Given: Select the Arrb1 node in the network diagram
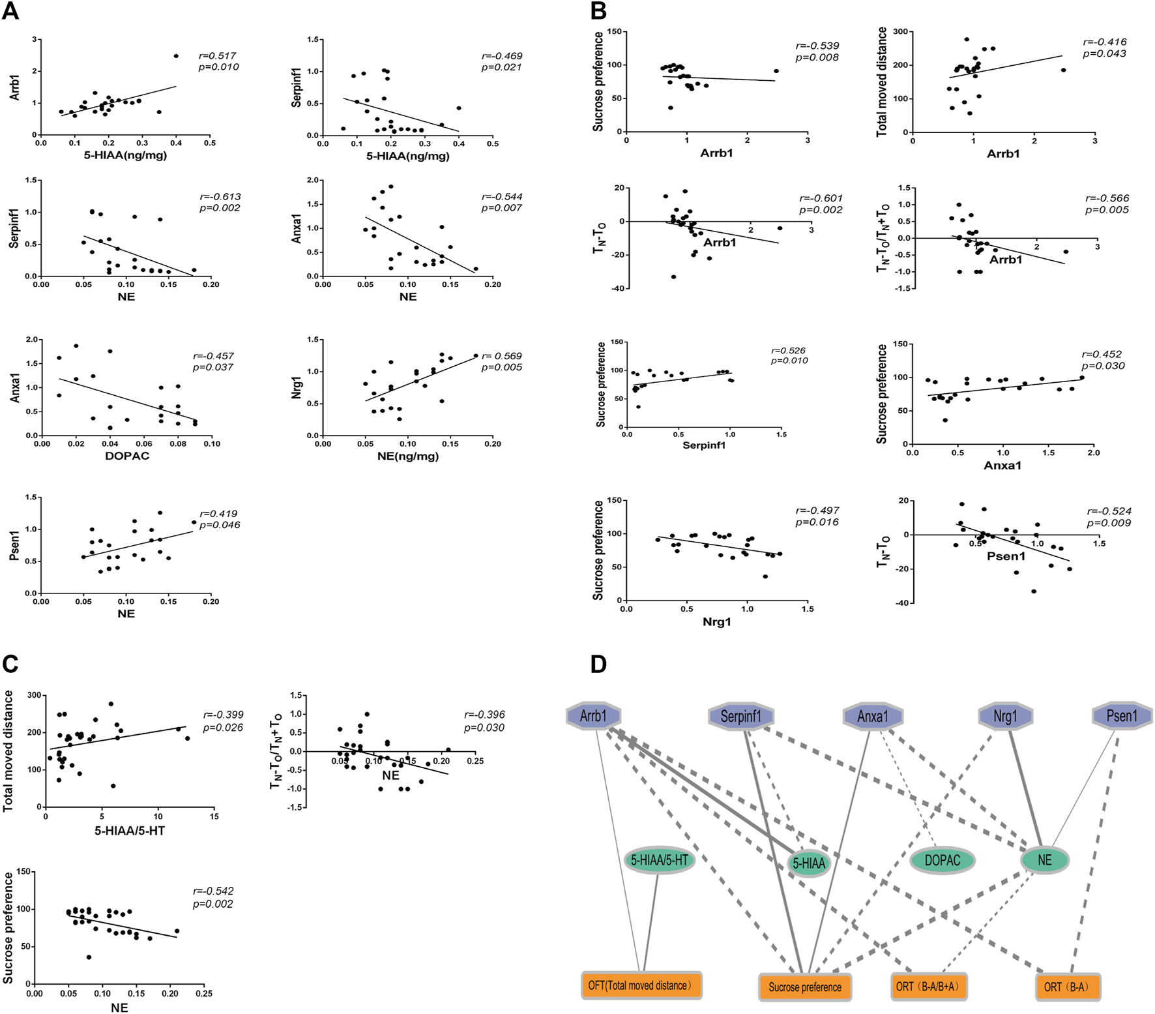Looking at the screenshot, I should click(x=593, y=716).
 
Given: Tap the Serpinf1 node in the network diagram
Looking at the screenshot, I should click(x=740, y=717).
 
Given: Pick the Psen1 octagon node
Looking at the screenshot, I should click(x=1121, y=715).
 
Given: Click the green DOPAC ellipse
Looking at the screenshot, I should click(x=942, y=861).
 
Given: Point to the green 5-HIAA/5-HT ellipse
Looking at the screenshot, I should click(x=659, y=860).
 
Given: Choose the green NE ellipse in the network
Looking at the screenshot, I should click(x=1044, y=860).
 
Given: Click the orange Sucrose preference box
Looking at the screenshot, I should click(x=804, y=987).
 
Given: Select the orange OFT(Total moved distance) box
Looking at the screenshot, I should click(x=641, y=985).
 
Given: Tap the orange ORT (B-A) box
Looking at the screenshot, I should click(x=1068, y=987).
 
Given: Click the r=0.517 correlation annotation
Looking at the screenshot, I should click(x=218, y=56).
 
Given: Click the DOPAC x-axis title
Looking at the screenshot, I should click(x=127, y=456).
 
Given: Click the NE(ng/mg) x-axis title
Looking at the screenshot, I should click(x=408, y=456).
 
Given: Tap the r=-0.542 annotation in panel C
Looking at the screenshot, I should click(x=213, y=891).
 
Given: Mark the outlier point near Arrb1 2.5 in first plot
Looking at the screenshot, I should click(x=176, y=56).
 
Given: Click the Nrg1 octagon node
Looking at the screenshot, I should click(x=1005, y=717).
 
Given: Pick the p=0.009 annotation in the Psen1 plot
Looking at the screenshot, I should click(x=1109, y=522).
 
